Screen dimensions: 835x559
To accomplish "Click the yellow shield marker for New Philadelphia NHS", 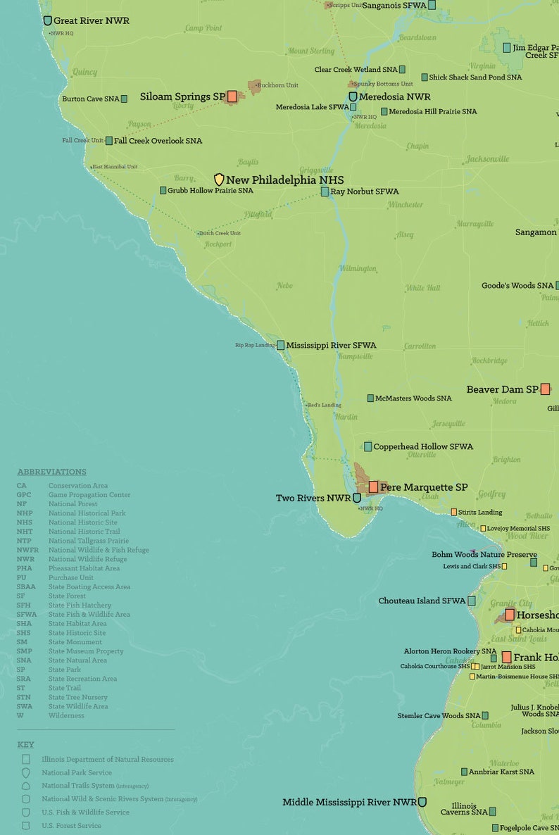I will [219, 180].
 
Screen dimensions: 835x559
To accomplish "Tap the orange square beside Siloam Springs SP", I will [232, 96].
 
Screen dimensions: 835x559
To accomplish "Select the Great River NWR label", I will [91, 20].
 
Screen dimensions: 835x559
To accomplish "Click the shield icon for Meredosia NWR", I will [353, 96].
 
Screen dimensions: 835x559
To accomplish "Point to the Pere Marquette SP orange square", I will [373, 486].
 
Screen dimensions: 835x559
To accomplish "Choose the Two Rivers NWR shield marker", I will [357, 498].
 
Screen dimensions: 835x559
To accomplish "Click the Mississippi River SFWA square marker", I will [280, 345].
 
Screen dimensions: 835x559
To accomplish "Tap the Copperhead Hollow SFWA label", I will [422, 446].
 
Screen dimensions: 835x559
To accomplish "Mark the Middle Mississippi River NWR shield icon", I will [422, 802].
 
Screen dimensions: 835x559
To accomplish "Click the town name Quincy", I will [84, 72].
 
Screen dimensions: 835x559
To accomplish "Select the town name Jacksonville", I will [487, 159].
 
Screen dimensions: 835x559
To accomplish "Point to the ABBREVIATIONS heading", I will [51, 472].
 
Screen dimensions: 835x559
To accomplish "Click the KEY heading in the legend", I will [25, 744].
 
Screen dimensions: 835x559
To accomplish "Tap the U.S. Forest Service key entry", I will [71, 825].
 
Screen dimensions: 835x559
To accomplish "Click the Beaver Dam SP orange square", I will [545, 389].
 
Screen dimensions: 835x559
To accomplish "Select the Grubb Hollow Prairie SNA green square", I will [163, 190].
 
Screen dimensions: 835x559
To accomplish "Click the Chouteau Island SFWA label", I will [422, 601].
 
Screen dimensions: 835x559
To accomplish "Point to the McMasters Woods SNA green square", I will [370, 398].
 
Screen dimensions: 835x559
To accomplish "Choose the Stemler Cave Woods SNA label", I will [439, 715].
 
